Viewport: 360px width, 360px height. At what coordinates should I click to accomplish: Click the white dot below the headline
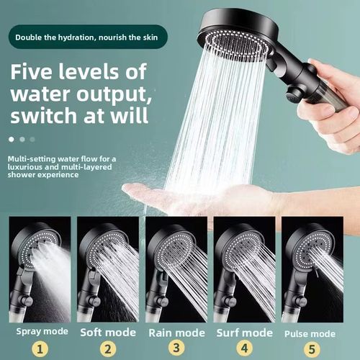tap(12, 138)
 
